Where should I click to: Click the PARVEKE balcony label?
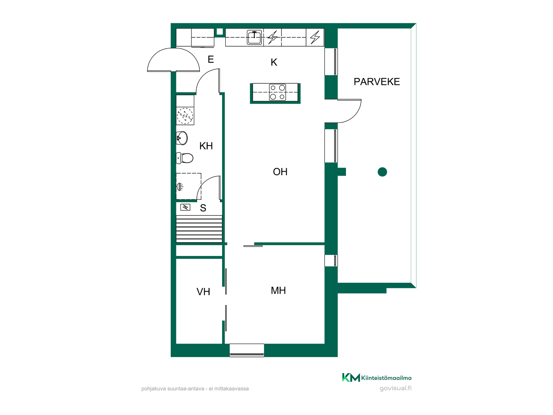(377, 82)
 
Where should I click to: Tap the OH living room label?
(280, 172)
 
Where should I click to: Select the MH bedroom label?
(278, 290)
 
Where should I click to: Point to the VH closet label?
(203, 292)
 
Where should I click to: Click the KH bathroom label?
(206, 146)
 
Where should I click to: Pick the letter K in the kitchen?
(274, 62)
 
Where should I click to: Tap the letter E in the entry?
(211, 59)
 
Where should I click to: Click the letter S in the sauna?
(203, 208)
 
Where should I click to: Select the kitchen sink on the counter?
(254, 37)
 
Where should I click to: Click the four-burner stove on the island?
(277, 92)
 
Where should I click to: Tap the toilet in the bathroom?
(185, 158)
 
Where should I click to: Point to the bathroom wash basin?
(182, 138)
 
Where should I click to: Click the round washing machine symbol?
(185, 116)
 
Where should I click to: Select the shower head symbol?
(180, 187)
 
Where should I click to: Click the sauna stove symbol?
(185, 207)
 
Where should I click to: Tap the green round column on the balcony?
(382, 172)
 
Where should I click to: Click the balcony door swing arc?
(355, 116)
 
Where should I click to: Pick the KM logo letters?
(351, 378)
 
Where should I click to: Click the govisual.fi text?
(395, 388)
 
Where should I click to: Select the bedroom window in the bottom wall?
(247, 350)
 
